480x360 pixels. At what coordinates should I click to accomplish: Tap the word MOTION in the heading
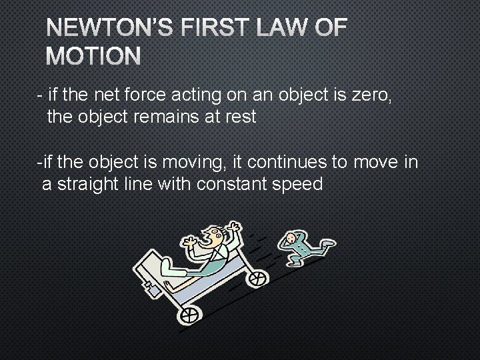[93, 57]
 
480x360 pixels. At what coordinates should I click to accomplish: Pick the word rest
[238, 117]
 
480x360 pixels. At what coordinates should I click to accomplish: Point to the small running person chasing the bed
[300, 245]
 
